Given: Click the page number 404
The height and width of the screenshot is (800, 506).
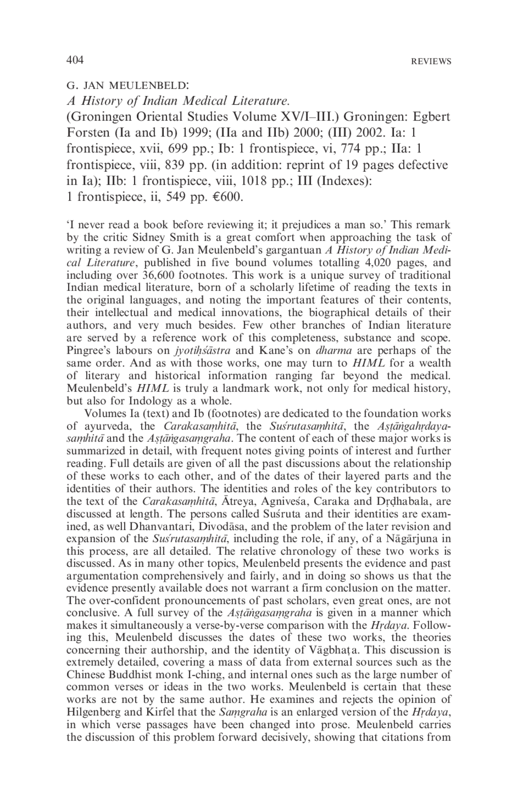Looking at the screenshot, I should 75,60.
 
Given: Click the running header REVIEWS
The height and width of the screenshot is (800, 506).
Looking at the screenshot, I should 431,62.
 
